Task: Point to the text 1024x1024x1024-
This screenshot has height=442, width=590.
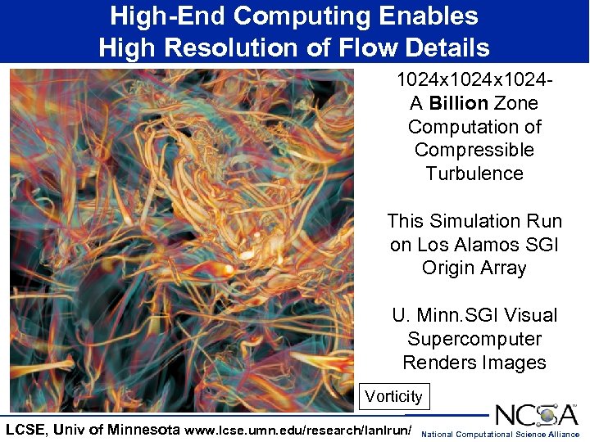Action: point(474,80)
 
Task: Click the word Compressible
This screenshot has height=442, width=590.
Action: point(474,150)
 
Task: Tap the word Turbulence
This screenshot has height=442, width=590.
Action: point(474,173)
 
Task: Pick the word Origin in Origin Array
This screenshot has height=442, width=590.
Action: point(449,267)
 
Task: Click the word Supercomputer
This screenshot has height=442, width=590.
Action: point(474,338)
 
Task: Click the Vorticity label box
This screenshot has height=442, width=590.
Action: point(394,397)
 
